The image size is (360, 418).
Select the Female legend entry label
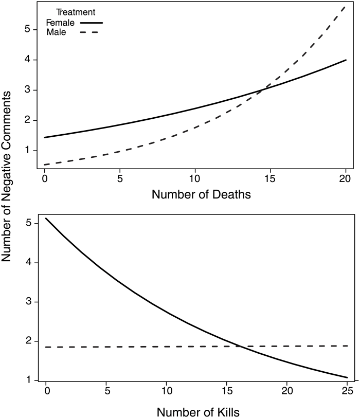coord(60,23)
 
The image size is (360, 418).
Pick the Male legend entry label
coord(57,33)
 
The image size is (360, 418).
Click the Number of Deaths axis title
coord(195,195)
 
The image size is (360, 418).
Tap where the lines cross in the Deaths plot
coord(262,90)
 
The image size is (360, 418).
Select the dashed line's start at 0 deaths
coord(45,165)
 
